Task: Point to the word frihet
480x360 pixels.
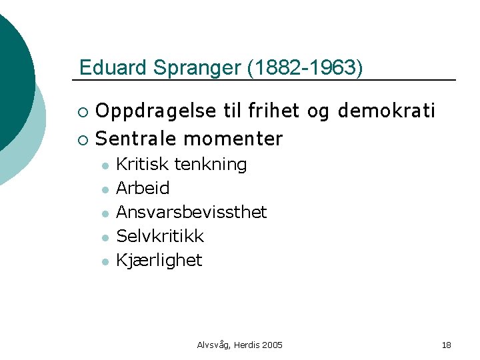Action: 273,111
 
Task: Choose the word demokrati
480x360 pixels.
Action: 386,111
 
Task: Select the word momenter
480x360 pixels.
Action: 233,139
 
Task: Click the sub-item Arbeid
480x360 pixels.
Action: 143,188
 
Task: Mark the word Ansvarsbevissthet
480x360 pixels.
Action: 191,212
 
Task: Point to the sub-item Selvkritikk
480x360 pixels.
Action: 160,236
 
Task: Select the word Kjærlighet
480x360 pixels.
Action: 159,260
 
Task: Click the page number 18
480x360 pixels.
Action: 447,345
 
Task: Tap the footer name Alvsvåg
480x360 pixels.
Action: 212,345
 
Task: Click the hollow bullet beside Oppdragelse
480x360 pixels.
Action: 82,111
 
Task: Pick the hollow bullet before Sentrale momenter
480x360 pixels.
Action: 82,139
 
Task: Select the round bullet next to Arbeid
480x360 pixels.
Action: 105,189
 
